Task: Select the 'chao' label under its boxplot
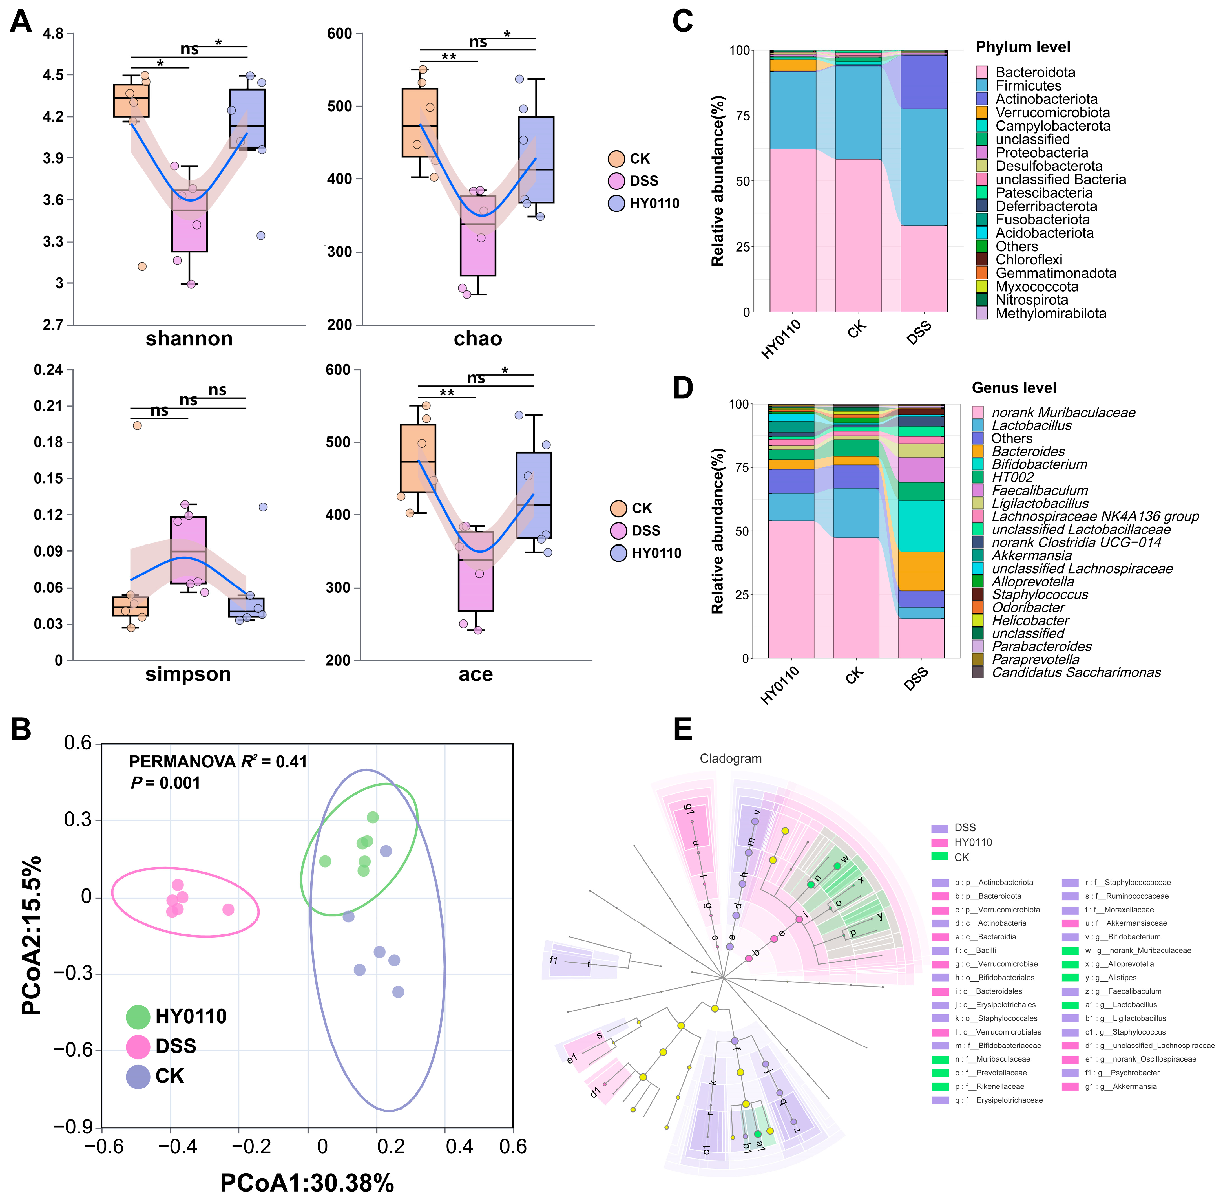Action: pyautogui.click(x=478, y=339)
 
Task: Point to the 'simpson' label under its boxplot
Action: pyautogui.click(x=188, y=674)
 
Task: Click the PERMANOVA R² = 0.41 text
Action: pyautogui.click(x=218, y=762)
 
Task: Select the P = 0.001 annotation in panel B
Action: pyautogui.click(x=165, y=784)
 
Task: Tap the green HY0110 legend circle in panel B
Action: pyautogui.click(x=138, y=1016)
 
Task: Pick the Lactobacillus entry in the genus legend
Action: pyautogui.click(x=1031, y=425)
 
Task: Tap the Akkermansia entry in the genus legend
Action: pyautogui.click(x=1031, y=555)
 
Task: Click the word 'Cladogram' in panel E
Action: pyautogui.click(x=730, y=759)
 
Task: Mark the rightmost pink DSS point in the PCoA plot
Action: pyautogui.click(x=228, y=910)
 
